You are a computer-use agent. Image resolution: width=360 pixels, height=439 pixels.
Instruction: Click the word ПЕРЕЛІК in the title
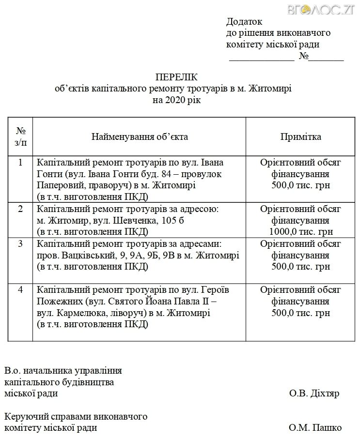pos(177,77)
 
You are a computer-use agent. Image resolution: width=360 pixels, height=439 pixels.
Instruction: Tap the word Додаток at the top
pos(244,22)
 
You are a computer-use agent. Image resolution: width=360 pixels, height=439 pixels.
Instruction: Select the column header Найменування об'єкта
pos(140,136)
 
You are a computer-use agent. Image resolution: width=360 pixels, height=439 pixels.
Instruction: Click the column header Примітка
pos(300,136)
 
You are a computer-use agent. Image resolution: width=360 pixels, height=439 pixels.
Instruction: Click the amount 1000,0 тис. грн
pos(301,232)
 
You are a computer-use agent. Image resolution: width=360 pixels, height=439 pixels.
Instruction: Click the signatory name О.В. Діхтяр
pos(314,394)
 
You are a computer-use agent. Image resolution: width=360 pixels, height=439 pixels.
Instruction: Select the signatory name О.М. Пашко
pos(315,428)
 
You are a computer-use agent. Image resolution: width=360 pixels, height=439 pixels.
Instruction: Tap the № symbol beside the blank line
pos(304,57)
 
